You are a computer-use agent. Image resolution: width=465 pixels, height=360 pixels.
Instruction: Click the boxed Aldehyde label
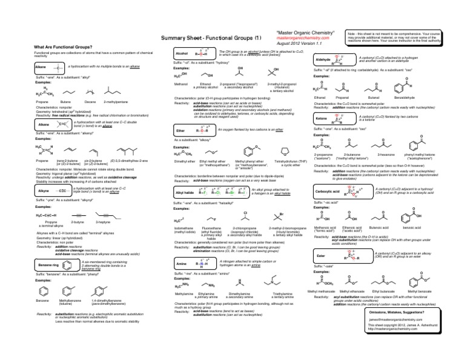323,60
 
